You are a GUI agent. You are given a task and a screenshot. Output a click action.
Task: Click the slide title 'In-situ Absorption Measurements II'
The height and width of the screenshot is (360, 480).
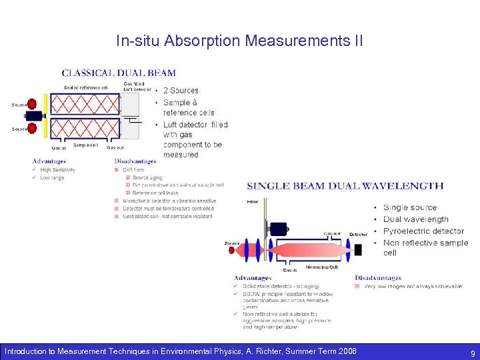click(x=239, y=41)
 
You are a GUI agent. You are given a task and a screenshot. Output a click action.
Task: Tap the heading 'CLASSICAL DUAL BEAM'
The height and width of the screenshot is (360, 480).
click(x=119, y=73)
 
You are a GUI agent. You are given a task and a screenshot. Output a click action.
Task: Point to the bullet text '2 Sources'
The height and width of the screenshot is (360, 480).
click(x=181, y=91)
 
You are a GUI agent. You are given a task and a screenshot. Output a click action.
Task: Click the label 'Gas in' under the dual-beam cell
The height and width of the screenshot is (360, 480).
click(x=59, y=148)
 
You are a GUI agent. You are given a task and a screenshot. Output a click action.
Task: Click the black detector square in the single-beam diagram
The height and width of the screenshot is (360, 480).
click(x=358, y=249)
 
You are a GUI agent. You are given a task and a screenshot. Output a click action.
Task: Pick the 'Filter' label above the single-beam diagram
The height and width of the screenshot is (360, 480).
click(x=252, y=201)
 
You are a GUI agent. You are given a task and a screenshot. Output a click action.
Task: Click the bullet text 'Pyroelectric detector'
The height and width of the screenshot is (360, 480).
click(x=423, y=231)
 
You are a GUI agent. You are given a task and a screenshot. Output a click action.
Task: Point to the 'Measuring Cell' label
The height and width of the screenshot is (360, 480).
click(x=321, y=267)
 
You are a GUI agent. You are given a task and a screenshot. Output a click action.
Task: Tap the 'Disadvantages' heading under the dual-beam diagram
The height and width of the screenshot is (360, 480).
click(x=135, y=161)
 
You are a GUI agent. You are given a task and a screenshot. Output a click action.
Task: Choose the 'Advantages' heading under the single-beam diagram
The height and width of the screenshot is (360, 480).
click(x=253, y=278)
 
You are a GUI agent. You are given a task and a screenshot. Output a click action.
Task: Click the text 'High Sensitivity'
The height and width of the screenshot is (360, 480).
click(x=57, y=170)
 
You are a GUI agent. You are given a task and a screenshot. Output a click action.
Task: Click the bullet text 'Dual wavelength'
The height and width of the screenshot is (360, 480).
click(x=416, y=219)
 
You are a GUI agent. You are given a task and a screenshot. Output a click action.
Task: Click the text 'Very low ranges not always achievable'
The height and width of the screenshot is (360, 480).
click(x=413, y=287)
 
